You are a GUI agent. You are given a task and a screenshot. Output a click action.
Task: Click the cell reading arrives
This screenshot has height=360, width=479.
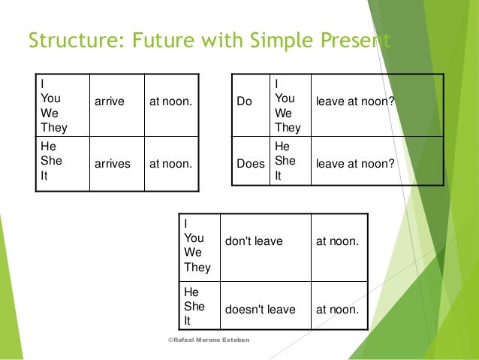point(112,162)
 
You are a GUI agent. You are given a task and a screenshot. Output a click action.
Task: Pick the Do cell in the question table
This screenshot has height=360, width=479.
point(245,101)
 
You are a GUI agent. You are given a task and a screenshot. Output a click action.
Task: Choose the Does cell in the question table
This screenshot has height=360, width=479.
point(249,162)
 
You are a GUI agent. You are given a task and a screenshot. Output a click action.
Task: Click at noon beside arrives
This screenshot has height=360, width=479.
point(170,162)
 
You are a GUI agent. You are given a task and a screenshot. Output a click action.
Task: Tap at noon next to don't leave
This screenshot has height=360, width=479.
point(337,241)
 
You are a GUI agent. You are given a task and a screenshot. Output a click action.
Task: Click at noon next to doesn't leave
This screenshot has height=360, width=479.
point(337,309)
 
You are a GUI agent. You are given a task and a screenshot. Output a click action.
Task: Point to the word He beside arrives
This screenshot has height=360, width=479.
point(48,147)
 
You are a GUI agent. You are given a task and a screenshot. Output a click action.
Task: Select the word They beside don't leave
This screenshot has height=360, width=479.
point(197,267)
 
